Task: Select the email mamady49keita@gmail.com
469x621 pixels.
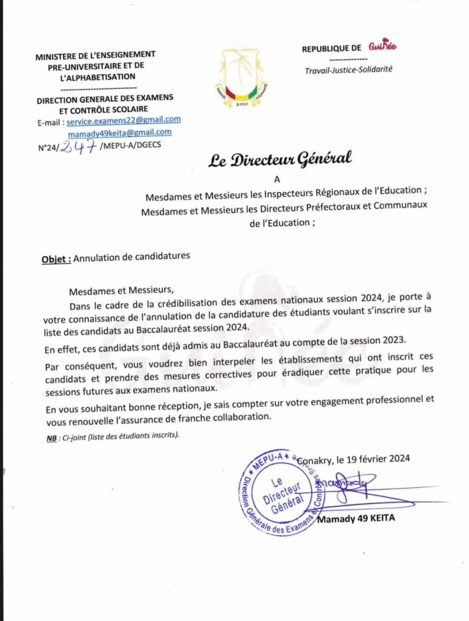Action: click(x=128, y=132)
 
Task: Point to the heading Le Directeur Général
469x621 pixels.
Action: click(x=280, y=160)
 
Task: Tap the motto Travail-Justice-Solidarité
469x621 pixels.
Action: click(x=348, y=69)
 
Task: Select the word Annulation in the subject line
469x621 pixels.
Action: click(x=98, y=257)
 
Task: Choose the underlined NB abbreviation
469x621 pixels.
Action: click(x=51, y=437)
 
